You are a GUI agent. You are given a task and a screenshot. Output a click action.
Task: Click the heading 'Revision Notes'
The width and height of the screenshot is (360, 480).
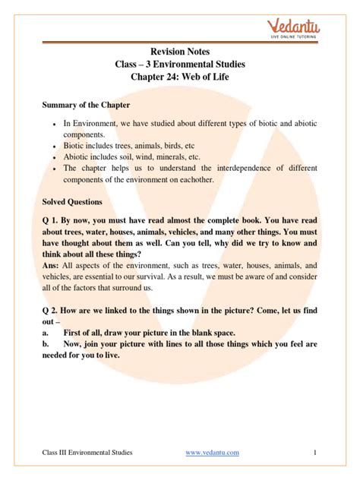coord(179,52)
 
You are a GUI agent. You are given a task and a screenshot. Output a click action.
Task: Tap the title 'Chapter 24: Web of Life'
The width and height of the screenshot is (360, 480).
coord(179,79)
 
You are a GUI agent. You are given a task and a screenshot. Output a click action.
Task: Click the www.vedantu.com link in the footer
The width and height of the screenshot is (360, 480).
coord(212,452)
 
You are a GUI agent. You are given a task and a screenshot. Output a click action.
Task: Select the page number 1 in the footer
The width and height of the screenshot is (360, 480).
coord(314,452)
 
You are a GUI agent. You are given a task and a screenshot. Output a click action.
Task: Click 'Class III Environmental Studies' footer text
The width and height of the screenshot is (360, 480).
coord(87,452)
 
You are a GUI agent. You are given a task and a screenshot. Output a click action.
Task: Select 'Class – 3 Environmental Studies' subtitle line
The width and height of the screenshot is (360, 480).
coord(179,65)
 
